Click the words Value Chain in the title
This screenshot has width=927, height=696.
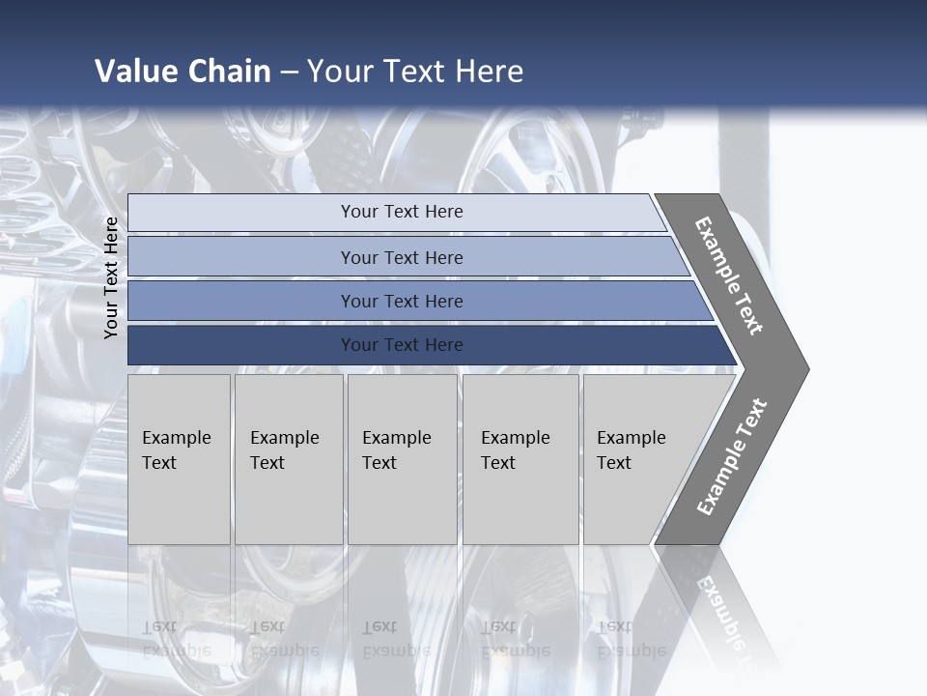coord(183,72)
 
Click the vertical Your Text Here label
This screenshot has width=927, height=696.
coord(111,278)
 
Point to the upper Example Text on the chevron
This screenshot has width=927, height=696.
coord(729,275)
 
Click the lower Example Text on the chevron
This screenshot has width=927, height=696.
coord(732,456)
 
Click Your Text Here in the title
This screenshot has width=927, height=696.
coord(415,72)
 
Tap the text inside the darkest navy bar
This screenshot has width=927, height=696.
coord(402,345)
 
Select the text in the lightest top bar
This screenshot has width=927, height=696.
coord(402,212)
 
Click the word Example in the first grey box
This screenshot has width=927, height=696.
coord(176,438)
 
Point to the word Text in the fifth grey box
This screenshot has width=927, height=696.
coord(614,463)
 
